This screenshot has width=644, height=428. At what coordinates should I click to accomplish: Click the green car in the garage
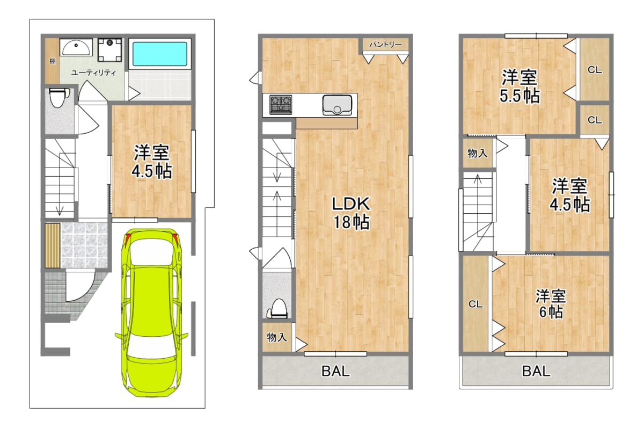(x=151, y=313)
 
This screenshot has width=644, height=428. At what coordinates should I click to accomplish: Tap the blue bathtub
(x=159, y=54)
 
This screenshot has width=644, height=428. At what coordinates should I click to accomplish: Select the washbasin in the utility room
(x=76, y=47)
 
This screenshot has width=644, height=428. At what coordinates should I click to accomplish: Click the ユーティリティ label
(x=93, y=73)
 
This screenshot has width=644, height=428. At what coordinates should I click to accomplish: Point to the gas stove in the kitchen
(x=281, y=105)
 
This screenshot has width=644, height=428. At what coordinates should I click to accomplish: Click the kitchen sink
(x=337, y=105)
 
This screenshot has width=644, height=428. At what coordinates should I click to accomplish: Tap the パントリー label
(x=385, y=44)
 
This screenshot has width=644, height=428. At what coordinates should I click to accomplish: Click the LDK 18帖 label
(x=351, y=213)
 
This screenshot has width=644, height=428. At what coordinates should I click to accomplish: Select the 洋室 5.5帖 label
(x=519, y=86)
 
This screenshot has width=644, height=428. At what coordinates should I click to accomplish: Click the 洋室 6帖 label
(x=551, y=304)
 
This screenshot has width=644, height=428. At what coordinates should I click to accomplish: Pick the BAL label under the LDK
(x=335, y=371)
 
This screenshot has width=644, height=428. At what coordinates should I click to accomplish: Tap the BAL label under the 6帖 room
(x=536, y=371)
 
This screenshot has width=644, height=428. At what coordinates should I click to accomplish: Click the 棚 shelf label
(x=53, y=61)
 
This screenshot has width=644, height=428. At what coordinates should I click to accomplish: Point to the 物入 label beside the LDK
(x=276, y=337)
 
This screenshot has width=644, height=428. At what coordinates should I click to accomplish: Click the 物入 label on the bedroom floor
(x=477, y=153)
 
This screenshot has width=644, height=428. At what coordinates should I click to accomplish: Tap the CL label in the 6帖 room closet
(x=475, y=304)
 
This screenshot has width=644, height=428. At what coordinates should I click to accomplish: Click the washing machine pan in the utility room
(x=109, y=50)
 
